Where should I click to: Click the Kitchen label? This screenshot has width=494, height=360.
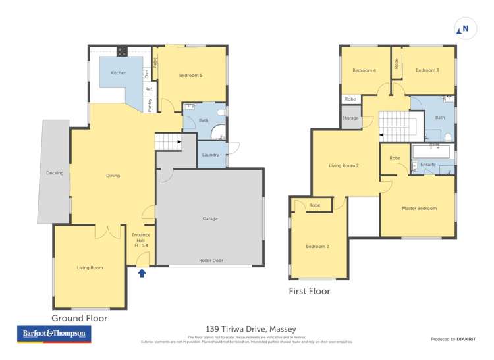point(119,73)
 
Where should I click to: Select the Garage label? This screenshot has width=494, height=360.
point(210,219)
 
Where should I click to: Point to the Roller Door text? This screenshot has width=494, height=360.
point(211,261)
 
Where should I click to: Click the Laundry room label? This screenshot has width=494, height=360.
point(211,155)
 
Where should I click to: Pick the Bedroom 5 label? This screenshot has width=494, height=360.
point(190,76)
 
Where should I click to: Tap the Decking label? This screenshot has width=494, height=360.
point(55,173)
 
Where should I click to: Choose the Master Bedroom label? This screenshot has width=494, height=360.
point(419,209)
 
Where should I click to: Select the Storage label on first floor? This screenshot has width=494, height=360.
point(350,118)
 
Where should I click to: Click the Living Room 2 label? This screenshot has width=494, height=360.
point(344,165)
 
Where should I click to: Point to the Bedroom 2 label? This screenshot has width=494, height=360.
point(317,247)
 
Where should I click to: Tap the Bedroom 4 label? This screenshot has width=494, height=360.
point(364,70)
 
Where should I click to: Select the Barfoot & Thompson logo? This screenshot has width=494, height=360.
point(54,334)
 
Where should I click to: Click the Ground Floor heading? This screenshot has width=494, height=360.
point(80,318)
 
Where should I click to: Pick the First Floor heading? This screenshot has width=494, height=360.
point(310,291)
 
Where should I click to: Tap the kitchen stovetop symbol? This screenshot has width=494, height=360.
point(122,50)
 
